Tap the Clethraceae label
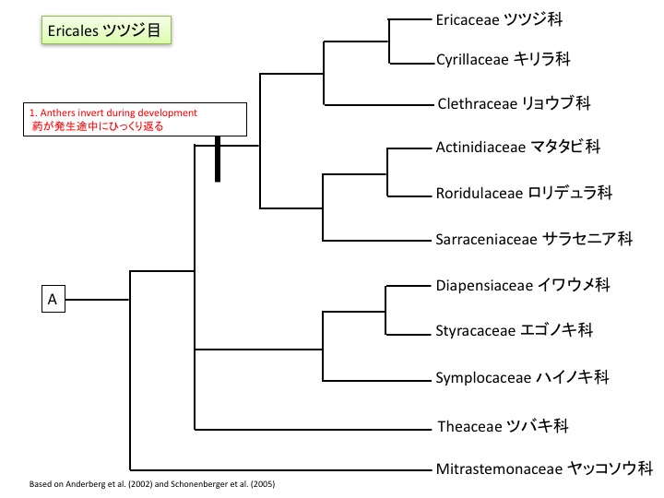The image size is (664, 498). [x=512, y=103]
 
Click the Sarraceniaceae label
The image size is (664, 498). [x=533, y=239]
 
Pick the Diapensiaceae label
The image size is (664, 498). [x=523, y=285]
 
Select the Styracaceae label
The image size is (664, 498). [x=514, y=329]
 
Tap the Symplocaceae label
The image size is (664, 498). [x=522, y=377]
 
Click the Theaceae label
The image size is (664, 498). [x=502, y=426]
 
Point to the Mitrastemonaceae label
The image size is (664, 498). [x=544, y=468]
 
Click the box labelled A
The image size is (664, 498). [x=53, y=299]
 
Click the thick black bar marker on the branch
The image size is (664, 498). [x=218, y=159]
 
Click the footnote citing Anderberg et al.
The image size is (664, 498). [x=152, y=484]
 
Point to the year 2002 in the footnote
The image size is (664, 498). [x=140, y=484]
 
